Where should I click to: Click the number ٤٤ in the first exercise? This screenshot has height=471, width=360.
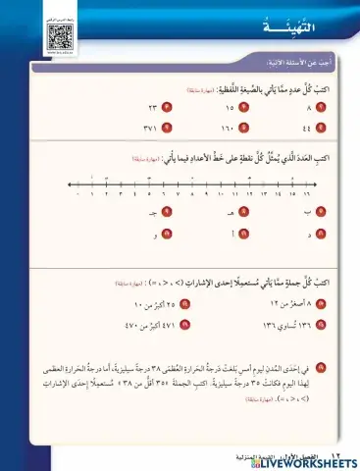pos(309,128)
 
